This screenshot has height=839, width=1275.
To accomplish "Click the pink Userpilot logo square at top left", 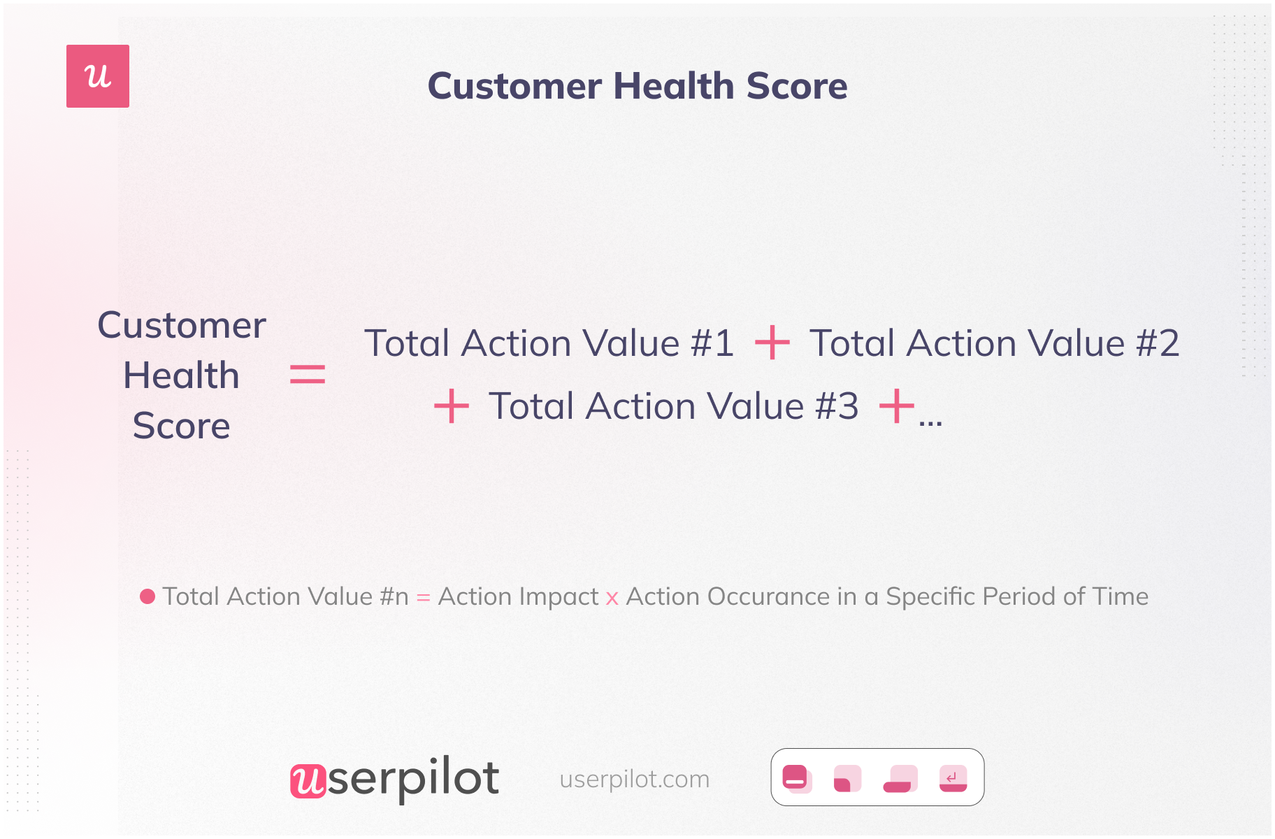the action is (98, 76).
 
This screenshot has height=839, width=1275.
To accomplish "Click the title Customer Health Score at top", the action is (637, 86).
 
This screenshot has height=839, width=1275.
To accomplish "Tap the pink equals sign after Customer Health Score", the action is (308, 374).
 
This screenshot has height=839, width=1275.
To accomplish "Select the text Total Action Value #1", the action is (549, 343).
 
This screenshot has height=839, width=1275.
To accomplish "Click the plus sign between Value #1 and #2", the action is (772, 343).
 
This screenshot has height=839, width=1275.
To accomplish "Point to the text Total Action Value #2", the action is (995, 343).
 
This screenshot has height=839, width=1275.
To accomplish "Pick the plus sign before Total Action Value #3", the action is (452, 406).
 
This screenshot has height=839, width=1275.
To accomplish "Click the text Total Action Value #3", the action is (674, 406).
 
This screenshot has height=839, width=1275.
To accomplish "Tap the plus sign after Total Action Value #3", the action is (897, 406).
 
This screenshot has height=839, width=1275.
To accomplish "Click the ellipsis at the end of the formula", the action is (931, 422).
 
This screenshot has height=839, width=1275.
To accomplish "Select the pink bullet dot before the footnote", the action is (147, 596).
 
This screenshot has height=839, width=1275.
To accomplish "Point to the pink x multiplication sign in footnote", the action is (612, 598).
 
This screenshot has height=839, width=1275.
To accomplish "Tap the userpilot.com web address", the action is (635, 779).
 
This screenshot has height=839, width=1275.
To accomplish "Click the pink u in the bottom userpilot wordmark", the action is (308, 780).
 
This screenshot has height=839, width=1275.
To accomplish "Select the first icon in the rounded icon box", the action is (797, 777).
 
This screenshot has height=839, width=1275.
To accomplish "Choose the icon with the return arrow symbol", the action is (953, 778).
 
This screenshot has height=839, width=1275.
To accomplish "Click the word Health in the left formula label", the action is (182, 375).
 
